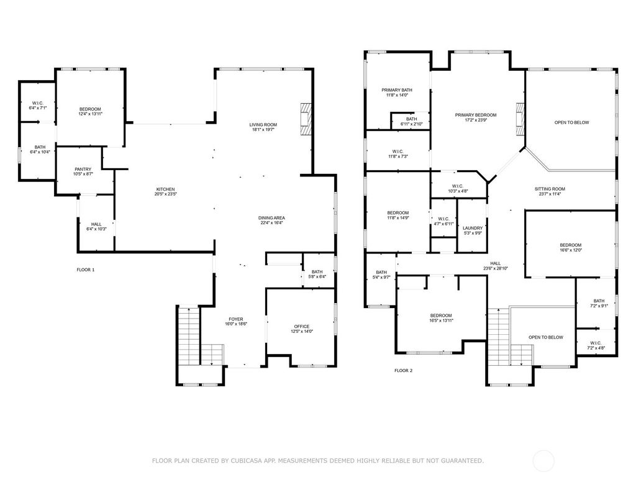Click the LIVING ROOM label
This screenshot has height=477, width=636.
click(263, 125)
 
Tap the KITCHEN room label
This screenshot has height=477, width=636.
click(165, 189)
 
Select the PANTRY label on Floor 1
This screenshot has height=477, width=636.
click(83, 170)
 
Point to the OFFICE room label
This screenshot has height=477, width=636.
click(302, 327)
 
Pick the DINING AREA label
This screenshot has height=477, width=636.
click(271, 218)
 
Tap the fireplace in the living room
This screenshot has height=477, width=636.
click(305, 118)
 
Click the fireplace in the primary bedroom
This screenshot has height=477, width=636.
click(520, 119)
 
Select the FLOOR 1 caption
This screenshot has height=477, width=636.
click(86, 270)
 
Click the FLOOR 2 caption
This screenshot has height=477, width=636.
click(403, 371)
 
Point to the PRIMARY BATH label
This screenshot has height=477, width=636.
click(397, 91)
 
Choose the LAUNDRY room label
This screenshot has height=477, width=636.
click(473, 229)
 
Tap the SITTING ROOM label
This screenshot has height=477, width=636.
click(550, 189)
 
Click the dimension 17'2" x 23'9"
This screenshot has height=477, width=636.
click(476, 120)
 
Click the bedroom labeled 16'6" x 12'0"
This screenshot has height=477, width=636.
click(570, 247)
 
